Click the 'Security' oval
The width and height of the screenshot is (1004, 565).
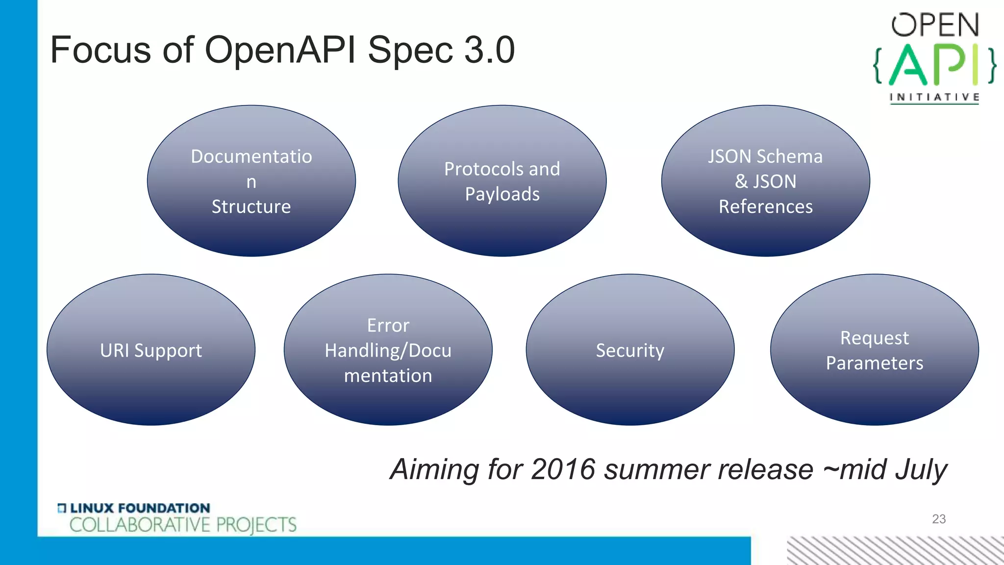tap(630, 350)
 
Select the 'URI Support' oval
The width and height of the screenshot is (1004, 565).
tap(151, 350)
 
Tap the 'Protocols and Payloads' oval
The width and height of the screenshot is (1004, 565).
tap(502, 181)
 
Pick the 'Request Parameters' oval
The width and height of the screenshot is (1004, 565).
tap(875, 350)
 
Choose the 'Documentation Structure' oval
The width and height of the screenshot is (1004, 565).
tap(251, 181)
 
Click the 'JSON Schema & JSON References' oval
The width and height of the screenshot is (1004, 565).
tap(765, 181)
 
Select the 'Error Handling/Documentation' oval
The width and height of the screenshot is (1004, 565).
tap(388, 350)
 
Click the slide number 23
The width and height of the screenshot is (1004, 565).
tap(938, 519)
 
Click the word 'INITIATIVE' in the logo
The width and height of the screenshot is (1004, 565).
tap(934, 97)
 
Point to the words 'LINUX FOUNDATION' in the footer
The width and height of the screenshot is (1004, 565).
tap(140, 508)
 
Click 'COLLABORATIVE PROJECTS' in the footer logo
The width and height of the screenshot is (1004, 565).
tap(183, 525)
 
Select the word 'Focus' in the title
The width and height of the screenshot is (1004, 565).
tap(100, 50)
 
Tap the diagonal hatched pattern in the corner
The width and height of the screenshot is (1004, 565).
tap(895, 550)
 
